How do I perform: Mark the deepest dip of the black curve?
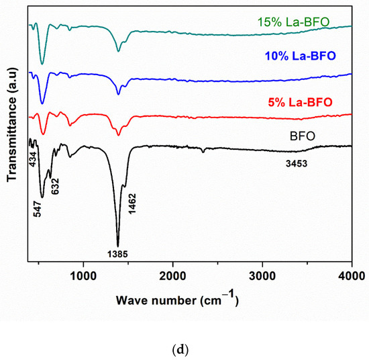(x=118, y=246)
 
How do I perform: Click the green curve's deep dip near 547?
(x=42, y=64)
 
